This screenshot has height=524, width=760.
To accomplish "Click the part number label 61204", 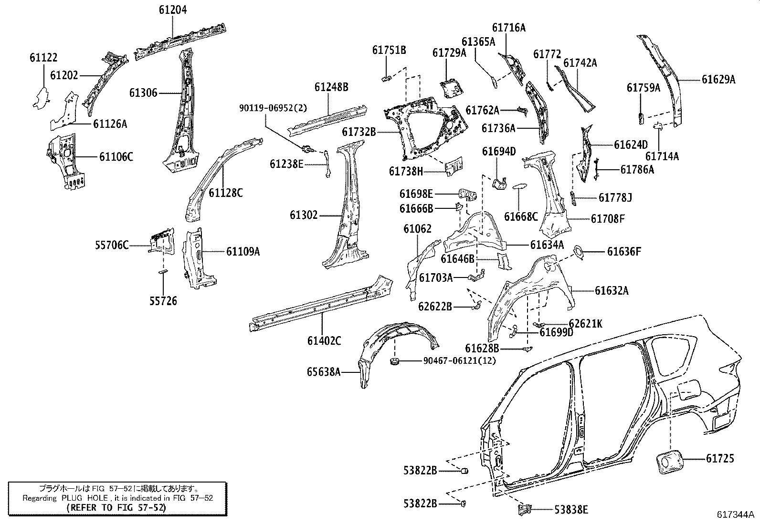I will (173, 9).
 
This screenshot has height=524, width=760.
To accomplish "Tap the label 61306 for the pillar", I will (143, 92).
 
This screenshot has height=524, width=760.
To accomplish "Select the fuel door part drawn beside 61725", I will (666, 464).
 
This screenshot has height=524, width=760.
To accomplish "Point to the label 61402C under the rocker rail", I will (324, 340).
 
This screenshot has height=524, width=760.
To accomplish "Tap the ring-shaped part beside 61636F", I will (578, 252).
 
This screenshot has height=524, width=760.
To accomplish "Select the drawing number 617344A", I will (735, 514).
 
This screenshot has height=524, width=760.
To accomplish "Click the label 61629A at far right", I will (718, 80).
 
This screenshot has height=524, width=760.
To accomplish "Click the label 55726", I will (163, 301).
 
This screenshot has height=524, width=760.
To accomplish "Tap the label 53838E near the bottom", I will (571, 510).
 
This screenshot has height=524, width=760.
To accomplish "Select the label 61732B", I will (359, 132).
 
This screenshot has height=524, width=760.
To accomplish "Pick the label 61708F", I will (608, 219).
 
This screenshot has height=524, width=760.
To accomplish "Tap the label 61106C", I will (116, 156).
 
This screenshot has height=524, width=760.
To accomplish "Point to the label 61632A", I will (612, 290).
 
